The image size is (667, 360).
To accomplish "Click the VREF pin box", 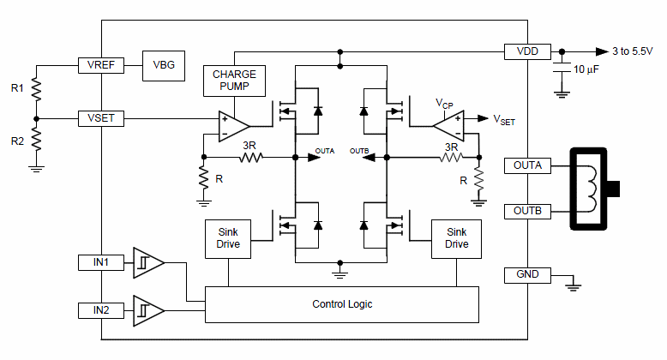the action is pos(101,65).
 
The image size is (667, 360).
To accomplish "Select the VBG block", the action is pos(164,65).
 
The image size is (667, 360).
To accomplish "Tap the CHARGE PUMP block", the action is pos(234,81).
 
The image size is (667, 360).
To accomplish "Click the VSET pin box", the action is pos(101,118).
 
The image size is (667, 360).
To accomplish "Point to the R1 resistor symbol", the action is pos(36,89).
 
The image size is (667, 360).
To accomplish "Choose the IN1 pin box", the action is pos(101,262).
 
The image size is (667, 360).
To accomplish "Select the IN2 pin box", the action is pos(101,310).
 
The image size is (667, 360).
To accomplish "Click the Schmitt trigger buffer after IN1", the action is pos(148,262).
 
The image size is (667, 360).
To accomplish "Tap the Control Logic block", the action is pos(342,304).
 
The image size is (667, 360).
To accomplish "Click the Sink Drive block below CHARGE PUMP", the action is pos(228,239).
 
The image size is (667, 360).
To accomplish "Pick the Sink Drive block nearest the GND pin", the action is pos(456,239).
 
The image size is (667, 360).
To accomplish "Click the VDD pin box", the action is pos(527,51).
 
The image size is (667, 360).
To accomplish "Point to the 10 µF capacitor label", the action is pos(586,69).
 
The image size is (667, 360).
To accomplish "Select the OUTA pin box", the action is pos(527,165).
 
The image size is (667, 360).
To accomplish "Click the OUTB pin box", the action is pos(527,211).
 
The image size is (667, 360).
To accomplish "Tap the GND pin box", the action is pos(527,275).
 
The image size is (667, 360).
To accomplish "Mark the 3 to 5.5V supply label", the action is pos(633,51).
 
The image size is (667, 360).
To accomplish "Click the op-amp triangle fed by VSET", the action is pos(233,126).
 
